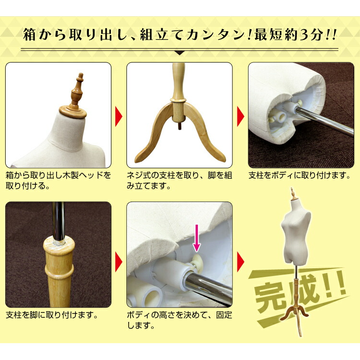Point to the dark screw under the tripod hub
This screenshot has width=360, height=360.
[x=180, y=126]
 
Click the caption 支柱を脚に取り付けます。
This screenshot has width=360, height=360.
[x=52, y=316]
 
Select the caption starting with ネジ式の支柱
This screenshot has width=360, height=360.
[x=179, y=180]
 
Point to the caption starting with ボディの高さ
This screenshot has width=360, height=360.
[x=179, y=321]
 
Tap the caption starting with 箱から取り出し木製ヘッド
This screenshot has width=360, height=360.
[x=58, y=180]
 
